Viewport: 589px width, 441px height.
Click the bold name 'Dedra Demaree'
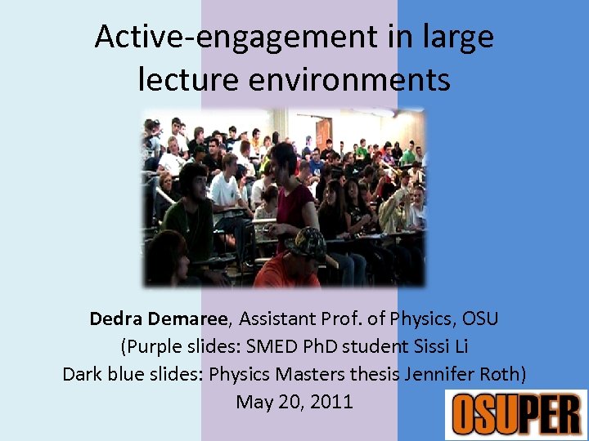point(162,318)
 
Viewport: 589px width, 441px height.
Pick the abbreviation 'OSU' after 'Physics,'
point(480,318)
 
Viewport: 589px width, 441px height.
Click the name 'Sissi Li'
point(439,346)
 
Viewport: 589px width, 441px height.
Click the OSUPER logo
point(515,414)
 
